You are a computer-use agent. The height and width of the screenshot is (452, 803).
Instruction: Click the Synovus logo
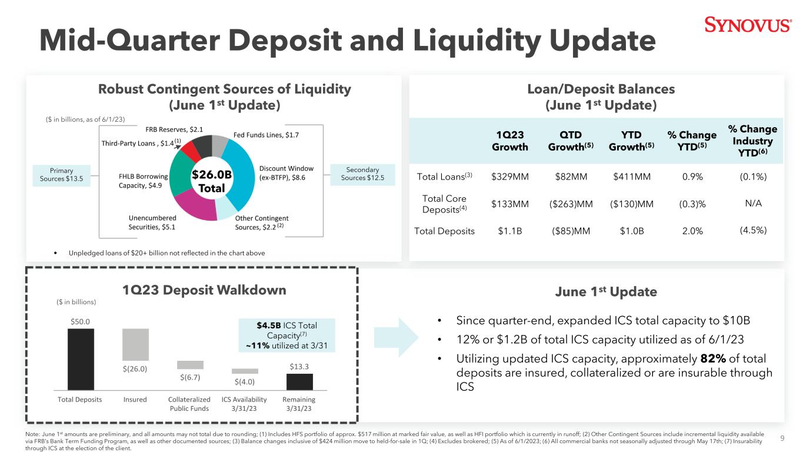(748, 25)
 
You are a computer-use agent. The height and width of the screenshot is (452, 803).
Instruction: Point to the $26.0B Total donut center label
(212, 181)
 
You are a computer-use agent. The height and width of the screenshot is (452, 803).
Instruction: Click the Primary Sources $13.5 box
(61, 175)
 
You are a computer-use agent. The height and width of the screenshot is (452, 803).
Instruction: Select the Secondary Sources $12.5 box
(362, 174)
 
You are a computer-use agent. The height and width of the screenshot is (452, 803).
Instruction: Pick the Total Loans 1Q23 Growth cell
(510, 177)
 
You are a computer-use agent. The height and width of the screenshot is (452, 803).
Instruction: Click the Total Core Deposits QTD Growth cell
(571, 204)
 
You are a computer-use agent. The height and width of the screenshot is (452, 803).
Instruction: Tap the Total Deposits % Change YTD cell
(692, 231)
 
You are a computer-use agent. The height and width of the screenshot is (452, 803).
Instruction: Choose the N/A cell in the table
(753, 204)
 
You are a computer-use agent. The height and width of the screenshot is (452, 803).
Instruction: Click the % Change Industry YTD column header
(752, 141)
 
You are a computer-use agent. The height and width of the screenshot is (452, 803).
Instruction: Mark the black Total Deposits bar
(81, 359)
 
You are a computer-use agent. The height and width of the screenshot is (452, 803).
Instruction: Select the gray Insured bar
(135, 344)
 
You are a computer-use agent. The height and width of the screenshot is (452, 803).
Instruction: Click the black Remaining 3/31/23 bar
(299, 382)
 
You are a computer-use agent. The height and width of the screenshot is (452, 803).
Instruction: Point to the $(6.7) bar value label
(190, 377)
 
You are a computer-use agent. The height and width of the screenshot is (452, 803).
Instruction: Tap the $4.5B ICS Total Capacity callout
(287, 335)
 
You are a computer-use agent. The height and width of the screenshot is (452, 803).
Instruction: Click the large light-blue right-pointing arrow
(396, 338)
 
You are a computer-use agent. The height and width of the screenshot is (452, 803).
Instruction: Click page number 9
(782, 438)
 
